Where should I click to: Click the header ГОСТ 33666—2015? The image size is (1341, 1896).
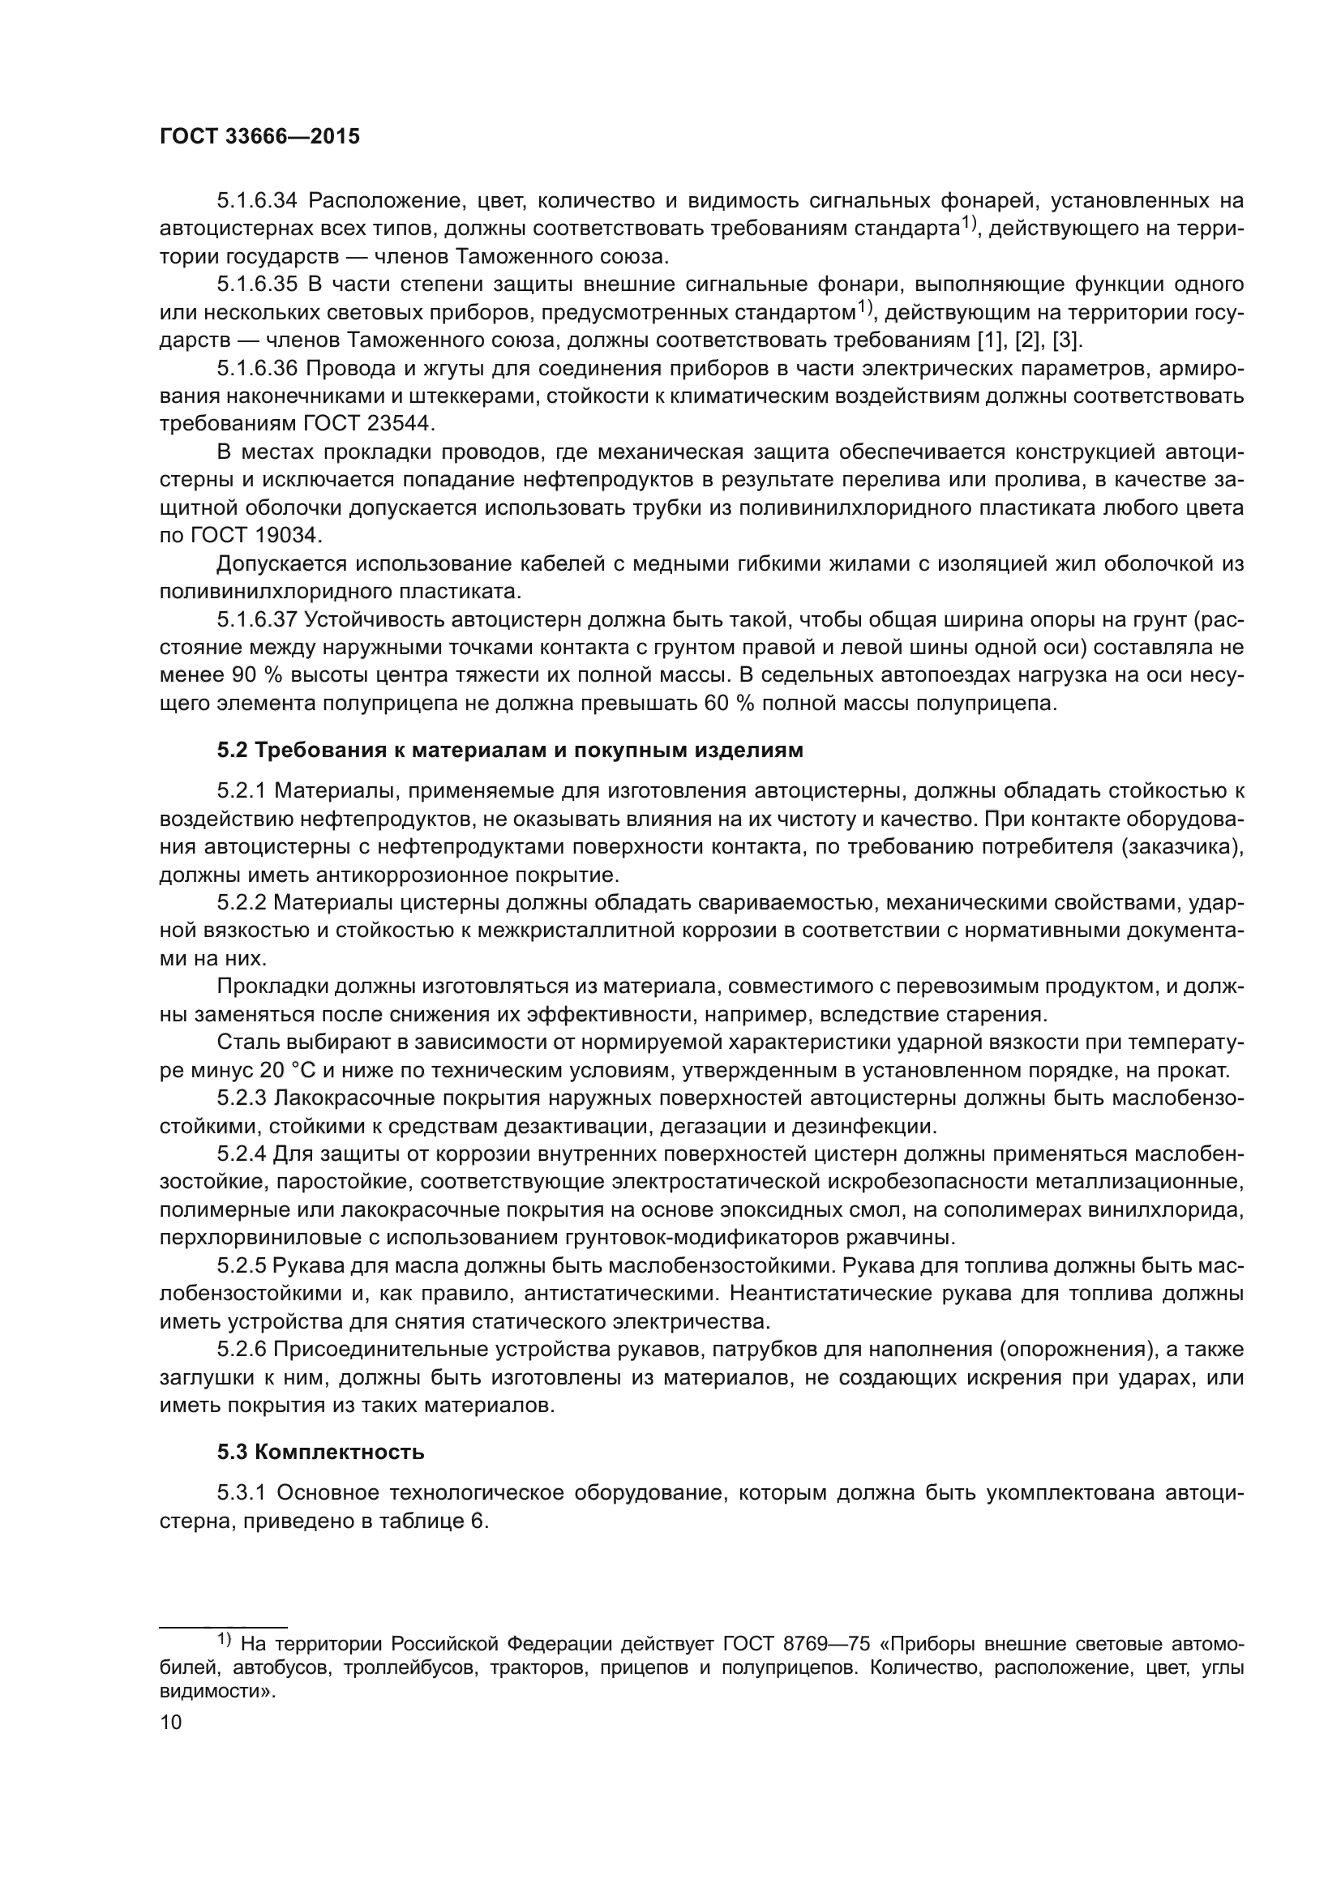click(259, 137)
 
